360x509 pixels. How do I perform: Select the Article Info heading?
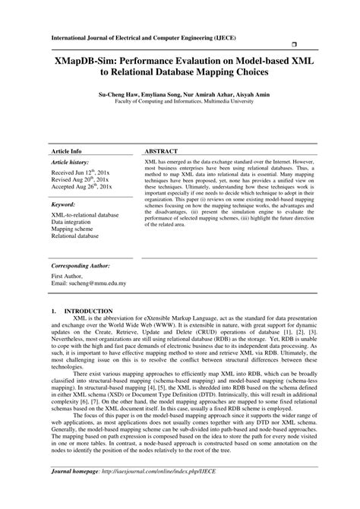[x=65, y=151]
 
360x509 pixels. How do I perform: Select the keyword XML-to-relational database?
[x=85, y=216]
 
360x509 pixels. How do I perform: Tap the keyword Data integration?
[x=71, y=223]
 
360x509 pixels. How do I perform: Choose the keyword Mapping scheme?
[x=71, y=229]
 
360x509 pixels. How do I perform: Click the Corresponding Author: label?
[x=82, y=267]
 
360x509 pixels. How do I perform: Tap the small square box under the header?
[x=292, y=46]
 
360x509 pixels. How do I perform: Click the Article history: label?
[x=71, y=163]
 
